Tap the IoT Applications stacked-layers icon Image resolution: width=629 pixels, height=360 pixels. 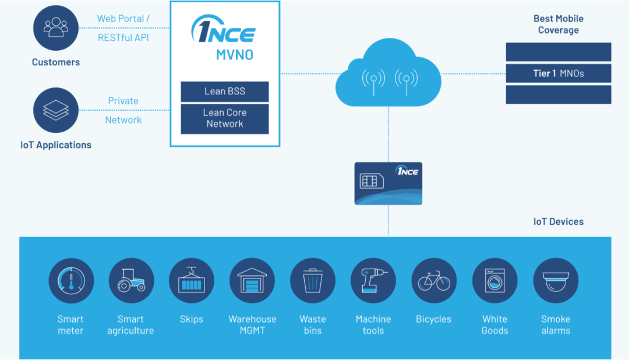coord(56,110)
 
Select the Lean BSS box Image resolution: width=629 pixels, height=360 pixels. coord(224,92)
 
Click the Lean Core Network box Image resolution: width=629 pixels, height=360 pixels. coord(224,118)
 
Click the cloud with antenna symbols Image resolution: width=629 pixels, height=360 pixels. coord(388,76)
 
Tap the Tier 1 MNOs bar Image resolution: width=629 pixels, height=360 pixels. coord(558,73)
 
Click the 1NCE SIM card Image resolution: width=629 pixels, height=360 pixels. coord(388,183)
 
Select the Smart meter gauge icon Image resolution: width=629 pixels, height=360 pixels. coord(70,281)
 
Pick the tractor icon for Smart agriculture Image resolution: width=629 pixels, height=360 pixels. coord(131,281)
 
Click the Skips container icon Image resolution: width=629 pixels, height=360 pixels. coord(192,281)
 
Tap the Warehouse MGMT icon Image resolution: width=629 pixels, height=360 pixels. coord(252,281)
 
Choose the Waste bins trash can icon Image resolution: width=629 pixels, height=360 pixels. coord(313,281)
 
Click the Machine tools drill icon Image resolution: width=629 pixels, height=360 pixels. coord(373,281)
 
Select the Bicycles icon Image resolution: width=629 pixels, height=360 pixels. coord(434,281)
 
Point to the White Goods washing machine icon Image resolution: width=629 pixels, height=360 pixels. coord(494,281)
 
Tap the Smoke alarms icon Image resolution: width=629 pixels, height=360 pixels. coord(555,281)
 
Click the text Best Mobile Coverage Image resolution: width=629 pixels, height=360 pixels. coord(558,24)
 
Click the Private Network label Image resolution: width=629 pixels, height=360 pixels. coord(123,110)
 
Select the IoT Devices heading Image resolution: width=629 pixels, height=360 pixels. coord(558,221)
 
